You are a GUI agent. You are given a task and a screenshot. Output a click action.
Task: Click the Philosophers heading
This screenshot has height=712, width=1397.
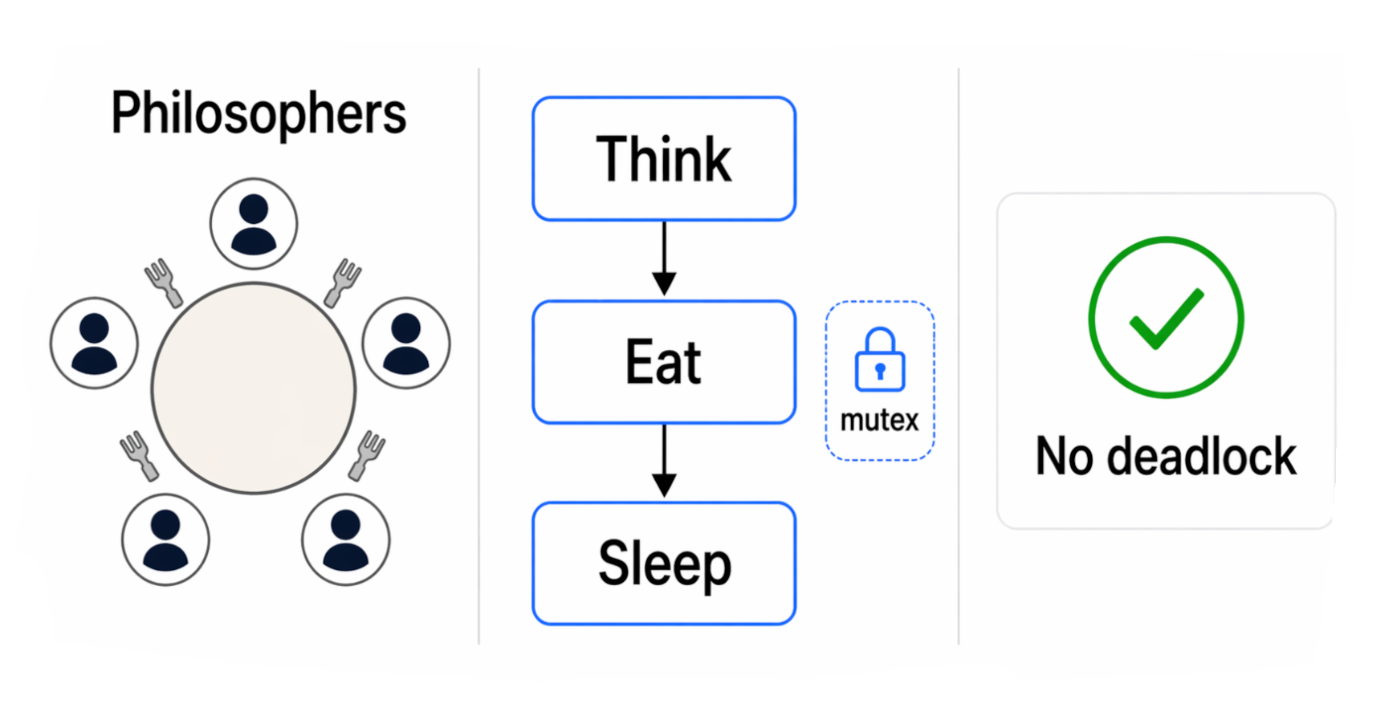pyautogui.click(x=259, y=113)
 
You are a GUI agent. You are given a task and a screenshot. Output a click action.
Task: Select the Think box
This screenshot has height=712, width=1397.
pyautogui.click(x=664, y=159)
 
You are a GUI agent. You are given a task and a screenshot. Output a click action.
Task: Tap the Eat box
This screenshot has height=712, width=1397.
pyautogui.click(x=664, y=362)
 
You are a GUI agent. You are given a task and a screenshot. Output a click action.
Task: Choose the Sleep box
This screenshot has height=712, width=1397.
pyautogui.click(x=664, y=563)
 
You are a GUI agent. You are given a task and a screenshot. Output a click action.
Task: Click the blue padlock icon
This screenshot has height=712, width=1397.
pyautogui.click(x=880, y=360)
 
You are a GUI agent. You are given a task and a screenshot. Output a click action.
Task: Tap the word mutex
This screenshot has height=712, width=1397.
pyautogui.click(x=879, y=420)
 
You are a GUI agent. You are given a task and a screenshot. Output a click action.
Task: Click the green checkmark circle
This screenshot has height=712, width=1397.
pyautogui.click(x=1166, y=317)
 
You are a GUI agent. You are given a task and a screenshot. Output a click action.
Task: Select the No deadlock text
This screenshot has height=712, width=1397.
pyautogui.click(x=1166, y=457)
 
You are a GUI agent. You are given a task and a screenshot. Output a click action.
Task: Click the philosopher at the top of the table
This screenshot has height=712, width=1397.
pyautogui.click(x=254, y=224)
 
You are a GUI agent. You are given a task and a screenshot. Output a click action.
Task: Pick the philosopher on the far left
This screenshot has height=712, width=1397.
pyautogui.click(x=94, y=344)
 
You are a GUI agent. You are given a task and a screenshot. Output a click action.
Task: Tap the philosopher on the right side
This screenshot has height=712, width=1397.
pyautogui.click(x=406, y=344)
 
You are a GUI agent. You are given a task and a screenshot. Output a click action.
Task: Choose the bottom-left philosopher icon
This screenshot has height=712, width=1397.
pyautogui.click(x=165, y=539)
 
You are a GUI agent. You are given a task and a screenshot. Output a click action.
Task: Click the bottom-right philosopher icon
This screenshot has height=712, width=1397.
pyautogui.click(x=346, y=539)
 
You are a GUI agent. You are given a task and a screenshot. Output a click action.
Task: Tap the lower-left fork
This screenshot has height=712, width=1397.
pyautogui.click(x=140, y=455)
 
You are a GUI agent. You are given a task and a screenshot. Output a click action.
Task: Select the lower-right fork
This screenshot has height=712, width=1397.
pyautogui.click(x=367, y=455)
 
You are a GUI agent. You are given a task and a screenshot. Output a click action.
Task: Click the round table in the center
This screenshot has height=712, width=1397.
pyautogui.click(x=254, y=388)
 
